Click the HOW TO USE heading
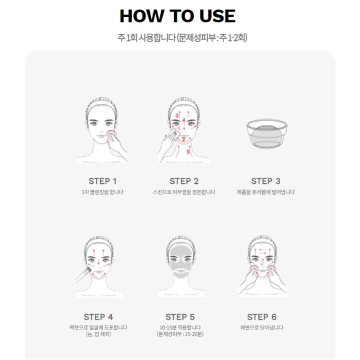[177, 16]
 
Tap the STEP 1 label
[102, 181]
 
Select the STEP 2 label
[184, 181]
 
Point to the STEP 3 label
[265, 181]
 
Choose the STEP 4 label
[98, 317]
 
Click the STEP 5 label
[180, 317]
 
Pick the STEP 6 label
[261, 317]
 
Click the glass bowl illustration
[267, 133]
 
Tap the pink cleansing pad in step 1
[111, 135]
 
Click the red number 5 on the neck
[188, 151]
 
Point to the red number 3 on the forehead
[177, 115]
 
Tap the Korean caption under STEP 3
[265, 192]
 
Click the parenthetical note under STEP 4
[98, 334]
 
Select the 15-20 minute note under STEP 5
[180, 334]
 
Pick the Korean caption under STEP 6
[261, 327]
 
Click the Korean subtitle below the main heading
[182, 37]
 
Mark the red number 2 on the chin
[183, 139]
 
